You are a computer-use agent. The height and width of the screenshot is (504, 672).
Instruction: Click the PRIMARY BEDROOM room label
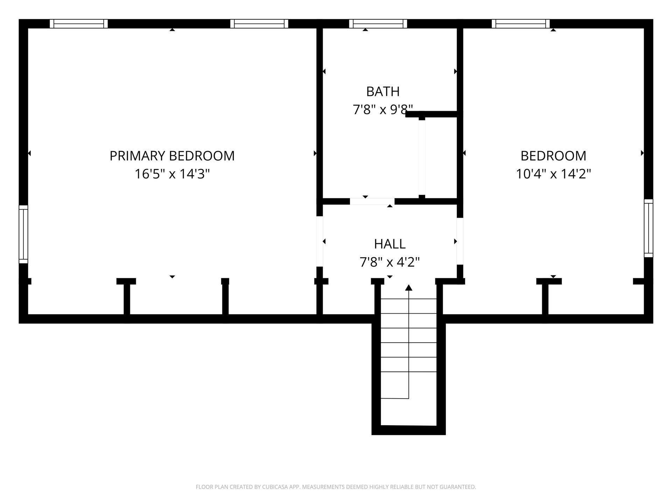172,156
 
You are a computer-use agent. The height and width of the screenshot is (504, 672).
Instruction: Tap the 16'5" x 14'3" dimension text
172,174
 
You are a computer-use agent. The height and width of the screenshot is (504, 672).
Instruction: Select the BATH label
383,91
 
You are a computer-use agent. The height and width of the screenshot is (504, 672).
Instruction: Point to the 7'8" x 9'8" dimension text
383,110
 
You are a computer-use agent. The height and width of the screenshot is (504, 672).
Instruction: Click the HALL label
390,244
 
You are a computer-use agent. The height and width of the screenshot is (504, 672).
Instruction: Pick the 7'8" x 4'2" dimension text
390,262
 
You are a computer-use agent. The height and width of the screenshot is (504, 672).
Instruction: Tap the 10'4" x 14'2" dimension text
553,174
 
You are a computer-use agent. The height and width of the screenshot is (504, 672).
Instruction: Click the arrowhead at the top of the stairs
408,288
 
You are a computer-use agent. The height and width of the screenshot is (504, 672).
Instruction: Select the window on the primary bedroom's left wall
23,234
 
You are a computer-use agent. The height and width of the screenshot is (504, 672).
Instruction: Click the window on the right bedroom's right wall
649,228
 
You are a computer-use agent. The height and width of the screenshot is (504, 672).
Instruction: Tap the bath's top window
378,24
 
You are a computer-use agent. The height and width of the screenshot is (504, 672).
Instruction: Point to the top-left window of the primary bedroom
79,24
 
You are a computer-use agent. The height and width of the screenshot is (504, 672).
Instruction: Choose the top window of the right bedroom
521,24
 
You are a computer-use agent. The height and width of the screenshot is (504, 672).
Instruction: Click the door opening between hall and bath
372,201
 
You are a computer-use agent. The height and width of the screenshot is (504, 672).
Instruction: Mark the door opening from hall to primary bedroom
320,241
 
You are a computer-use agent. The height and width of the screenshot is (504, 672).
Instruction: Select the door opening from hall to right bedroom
460,241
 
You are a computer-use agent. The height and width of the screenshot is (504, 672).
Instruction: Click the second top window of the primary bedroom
259,24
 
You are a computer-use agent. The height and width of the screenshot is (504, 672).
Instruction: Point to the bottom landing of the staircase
408,412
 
